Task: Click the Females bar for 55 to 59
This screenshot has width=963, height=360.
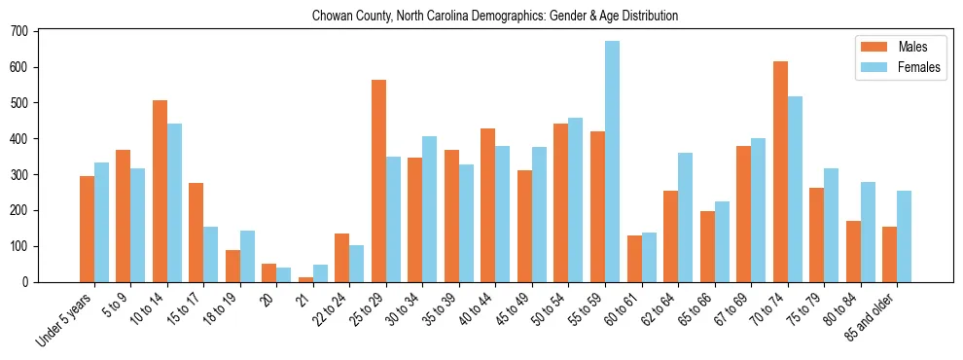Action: pos(612,162)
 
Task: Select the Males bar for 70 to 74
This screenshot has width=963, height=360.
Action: pos(780,171)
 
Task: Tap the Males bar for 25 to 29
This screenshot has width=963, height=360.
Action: pos(378,181)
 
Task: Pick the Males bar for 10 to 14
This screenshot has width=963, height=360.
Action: pos(160,191)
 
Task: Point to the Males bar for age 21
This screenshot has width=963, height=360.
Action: pos(305,279)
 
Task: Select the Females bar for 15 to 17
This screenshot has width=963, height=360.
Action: pos(211,254)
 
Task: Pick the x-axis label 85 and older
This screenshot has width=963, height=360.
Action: pos(873,317)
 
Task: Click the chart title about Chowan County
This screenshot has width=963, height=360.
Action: pos(494,17)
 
